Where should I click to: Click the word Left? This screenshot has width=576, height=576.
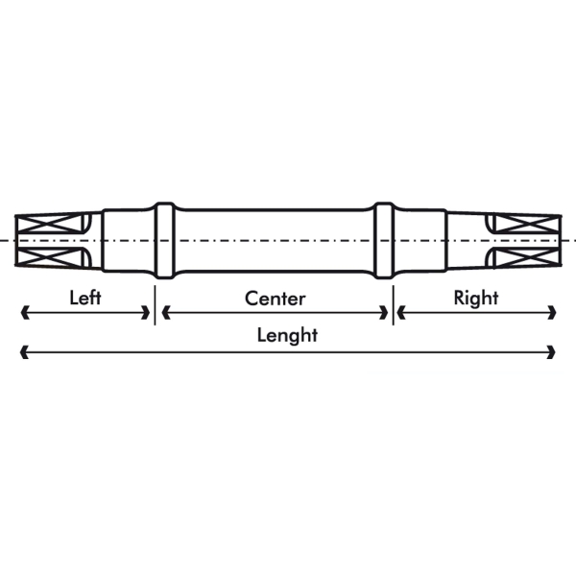85,298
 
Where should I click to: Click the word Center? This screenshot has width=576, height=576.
276,299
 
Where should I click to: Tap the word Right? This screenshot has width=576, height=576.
476,299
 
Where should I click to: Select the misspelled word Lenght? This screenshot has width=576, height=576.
287,336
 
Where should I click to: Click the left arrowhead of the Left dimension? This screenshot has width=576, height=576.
25,313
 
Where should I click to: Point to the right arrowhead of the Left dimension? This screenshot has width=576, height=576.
146,313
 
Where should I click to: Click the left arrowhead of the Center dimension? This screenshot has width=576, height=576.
166,313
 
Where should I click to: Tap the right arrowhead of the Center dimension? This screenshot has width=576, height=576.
384,313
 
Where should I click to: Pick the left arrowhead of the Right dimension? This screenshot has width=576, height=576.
401,313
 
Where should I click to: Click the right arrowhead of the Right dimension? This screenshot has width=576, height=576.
552,313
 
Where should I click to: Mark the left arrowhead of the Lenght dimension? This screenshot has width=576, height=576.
24,352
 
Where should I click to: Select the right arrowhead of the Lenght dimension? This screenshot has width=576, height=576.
551,352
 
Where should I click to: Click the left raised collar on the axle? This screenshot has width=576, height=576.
164,240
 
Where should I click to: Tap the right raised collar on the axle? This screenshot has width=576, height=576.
384,240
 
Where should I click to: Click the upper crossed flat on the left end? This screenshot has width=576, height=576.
49,224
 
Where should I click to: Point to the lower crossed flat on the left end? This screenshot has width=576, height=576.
49,257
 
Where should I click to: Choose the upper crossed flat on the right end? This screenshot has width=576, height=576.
527,224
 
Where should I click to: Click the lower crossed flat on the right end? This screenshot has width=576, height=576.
527,257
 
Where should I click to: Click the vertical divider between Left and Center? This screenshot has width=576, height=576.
155,305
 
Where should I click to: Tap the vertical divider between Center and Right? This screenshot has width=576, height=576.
393,305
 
